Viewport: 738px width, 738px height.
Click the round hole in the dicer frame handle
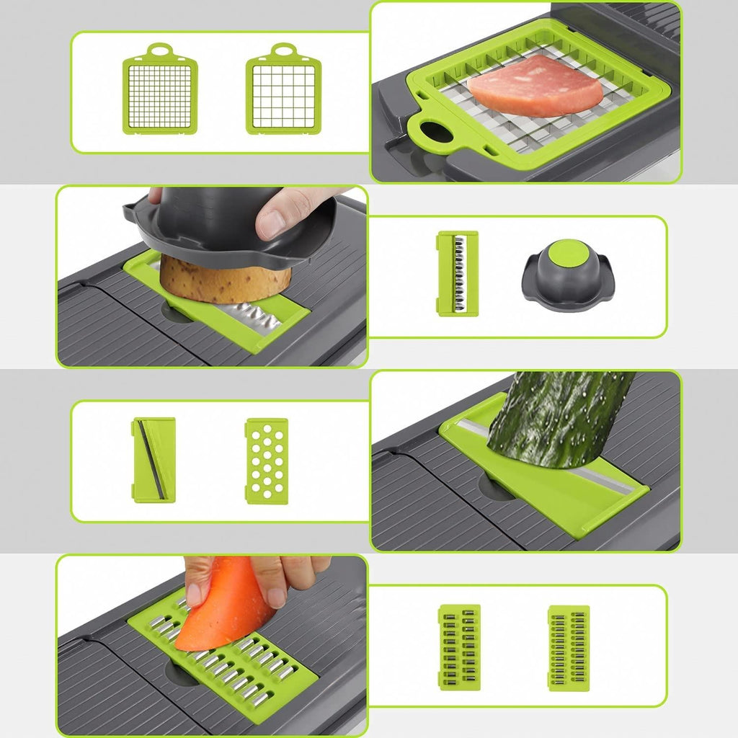(x=432, y=133)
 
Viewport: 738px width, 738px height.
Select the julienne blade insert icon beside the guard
(x=457, y=273)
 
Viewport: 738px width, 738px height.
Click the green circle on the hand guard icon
(x=568, y=254)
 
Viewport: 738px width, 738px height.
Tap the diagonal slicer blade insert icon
(x=154, y=460)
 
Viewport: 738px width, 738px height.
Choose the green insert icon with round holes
(x=267, y=461)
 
